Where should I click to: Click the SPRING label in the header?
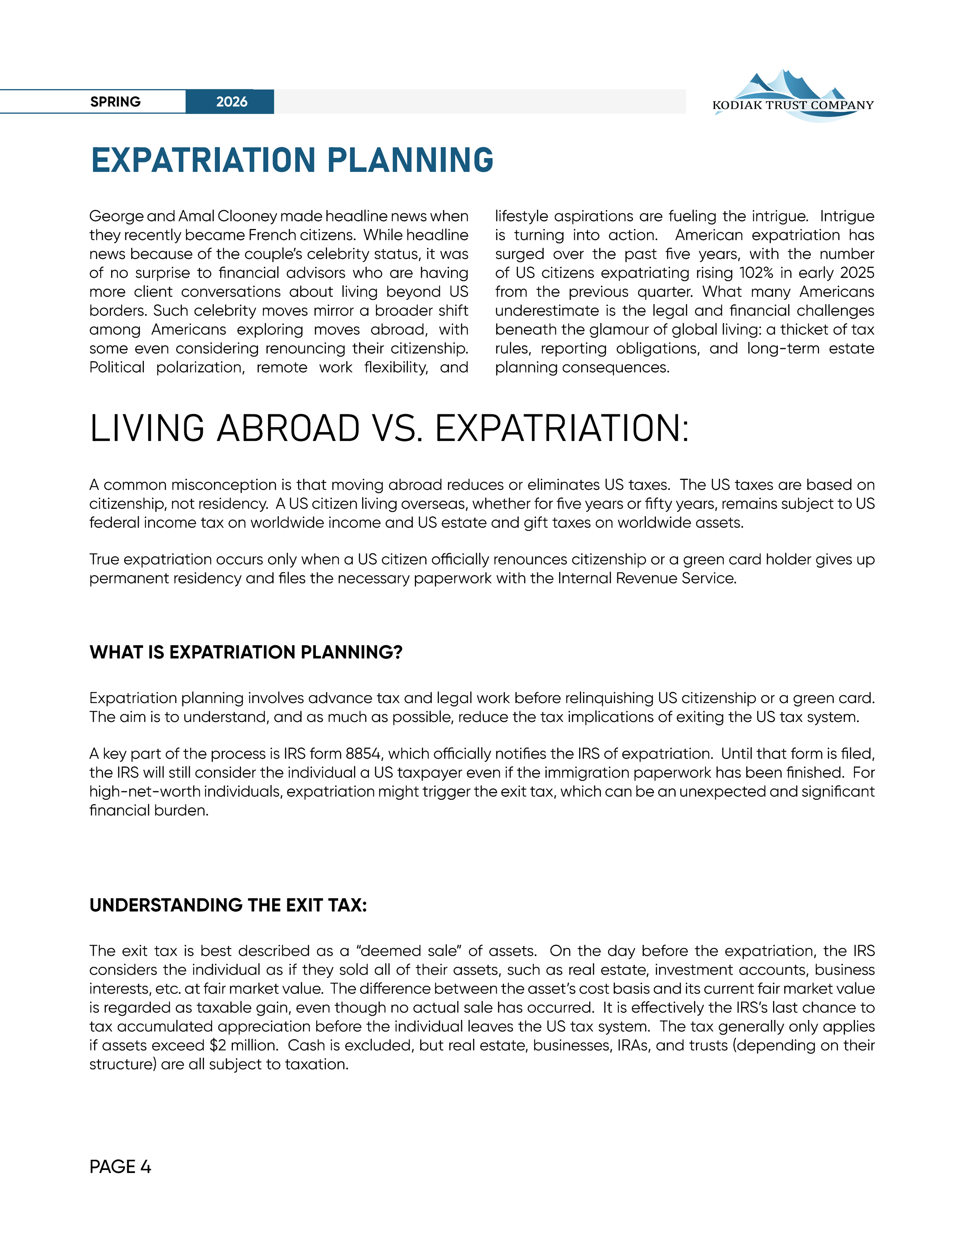tap(115, 102)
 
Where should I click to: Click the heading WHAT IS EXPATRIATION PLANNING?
tap(246, 652)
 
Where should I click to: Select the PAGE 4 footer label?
tap(120, 1166)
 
